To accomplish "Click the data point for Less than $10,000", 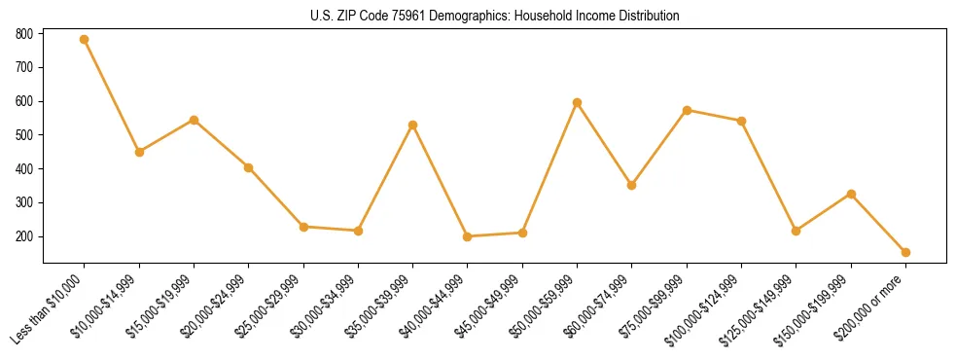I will pos(85,40).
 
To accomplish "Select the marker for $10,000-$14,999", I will pos(139,152).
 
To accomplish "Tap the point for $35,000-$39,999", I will pos(413,125).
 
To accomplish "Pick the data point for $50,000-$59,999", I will pos(578,102).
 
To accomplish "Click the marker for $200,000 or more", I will pos(906,252).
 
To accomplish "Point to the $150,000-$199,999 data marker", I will pos(852,194).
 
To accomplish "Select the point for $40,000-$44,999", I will pos(468,236).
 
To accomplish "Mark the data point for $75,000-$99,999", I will pos(688,110).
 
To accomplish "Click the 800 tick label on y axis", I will pos(25,34).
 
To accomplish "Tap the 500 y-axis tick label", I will pos(25,135).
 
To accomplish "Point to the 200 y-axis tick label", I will pos(25,236).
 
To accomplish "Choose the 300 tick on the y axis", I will pos(25,202).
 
